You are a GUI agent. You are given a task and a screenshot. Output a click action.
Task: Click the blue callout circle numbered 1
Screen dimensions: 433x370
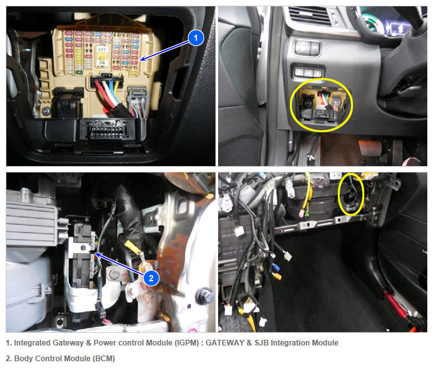pyautogui.click(x=196, y=38)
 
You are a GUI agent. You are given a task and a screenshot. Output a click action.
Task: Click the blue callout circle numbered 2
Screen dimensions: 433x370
pyautogui.click(x=151, y=277)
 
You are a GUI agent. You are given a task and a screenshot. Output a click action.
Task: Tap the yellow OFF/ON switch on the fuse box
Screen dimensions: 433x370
pyautogui.click(x=102, y=57)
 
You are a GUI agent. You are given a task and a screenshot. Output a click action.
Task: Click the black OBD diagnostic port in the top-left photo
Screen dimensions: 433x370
pyautogui.click(x=107, y=130)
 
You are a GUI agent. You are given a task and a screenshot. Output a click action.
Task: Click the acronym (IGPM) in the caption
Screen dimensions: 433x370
pyautogui.click(x=187, y=343)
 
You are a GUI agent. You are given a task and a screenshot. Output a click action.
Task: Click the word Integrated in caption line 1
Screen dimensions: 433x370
pyautogui.click(x=32, y=343)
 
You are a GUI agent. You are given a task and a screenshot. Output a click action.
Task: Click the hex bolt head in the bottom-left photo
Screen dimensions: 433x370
pyautogui.click(x=205, y=296)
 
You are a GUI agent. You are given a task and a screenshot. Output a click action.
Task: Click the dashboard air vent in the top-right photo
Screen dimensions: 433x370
pyautogui.click(x=309, y=16)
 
